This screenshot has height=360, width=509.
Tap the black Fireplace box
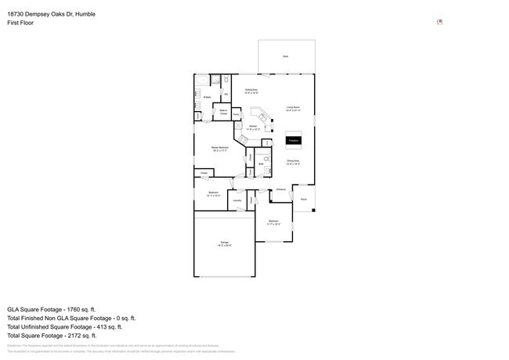tap(294, 141)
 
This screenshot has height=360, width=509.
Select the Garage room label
tap(225, 246)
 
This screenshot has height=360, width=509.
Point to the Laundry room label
tap(236, 200)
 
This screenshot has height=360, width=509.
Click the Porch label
tap(304, 200)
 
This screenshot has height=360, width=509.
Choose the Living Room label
tap(294, 109)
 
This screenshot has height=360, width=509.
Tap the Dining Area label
tap(293, 163)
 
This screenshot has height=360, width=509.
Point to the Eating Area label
tap(251, 92)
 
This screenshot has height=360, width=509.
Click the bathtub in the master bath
tap(202, 81)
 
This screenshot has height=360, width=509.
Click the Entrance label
tap(280, 189)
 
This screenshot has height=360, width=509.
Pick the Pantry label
tap(235, 115)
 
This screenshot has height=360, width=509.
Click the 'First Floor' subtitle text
tap(21, 23)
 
